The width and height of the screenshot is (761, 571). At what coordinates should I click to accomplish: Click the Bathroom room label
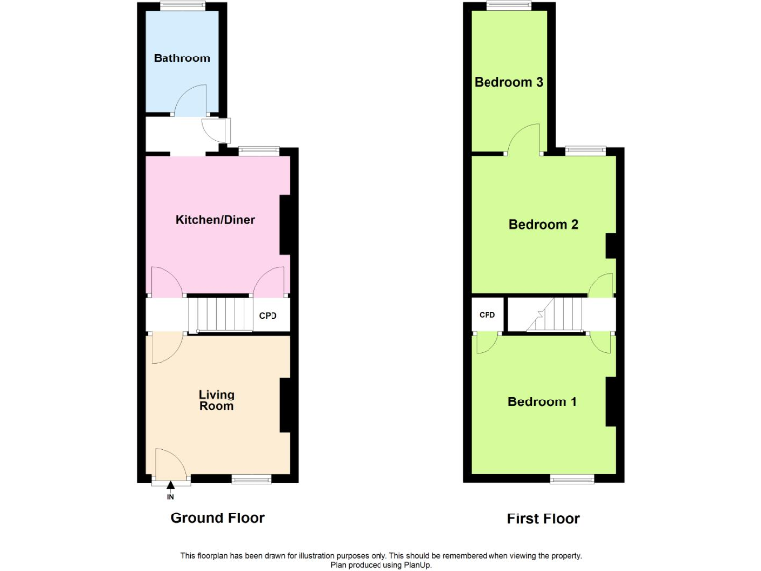click(x=181, y=58)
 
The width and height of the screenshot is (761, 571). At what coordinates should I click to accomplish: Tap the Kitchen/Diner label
click(x=215, y=219)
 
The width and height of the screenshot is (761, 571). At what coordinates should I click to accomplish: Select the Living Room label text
click(x=216, y=400)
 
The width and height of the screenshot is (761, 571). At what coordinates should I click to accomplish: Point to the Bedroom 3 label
click(x=508, y=82)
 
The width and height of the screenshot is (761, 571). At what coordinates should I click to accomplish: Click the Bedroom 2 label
click(x=543, y=224)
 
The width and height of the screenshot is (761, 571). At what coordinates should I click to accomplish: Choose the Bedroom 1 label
click(x=542, y=401)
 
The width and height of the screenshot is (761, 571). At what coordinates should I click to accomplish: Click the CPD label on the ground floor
click(x=268, y=317)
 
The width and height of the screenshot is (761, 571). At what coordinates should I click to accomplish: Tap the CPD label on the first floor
click(x=487, y=315)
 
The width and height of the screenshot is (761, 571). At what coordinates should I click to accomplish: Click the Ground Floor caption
click(x=217, y=517)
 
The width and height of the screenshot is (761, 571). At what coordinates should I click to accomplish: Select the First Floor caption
click(x=543, y=518)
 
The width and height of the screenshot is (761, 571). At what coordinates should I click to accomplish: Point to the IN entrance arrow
click(x=171, y=486)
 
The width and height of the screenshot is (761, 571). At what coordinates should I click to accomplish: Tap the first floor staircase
click(x=551, y=315)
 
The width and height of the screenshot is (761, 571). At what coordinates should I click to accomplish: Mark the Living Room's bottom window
click(x=250, y=479)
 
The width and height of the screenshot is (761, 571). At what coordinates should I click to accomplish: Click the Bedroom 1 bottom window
click(x=572, y=479)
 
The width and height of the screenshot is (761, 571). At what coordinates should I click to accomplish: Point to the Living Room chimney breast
click(x=286, y=404)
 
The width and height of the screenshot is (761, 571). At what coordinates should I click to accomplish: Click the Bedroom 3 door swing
click(x=524, y=141)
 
